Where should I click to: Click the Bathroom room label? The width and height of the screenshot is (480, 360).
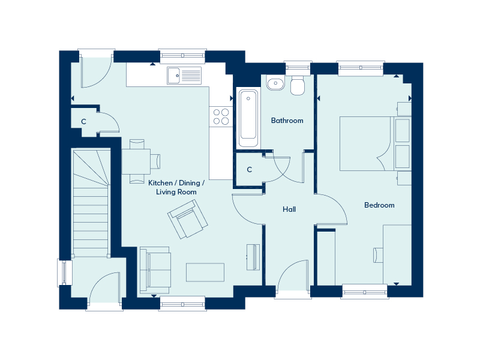pos(287,121)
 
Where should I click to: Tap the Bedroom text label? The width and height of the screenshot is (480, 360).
pos(379,205)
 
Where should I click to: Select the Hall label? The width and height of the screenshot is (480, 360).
pos(289,209)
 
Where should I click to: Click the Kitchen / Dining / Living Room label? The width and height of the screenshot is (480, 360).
pos(176,187)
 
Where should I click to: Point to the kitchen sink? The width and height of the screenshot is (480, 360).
pos(184,76)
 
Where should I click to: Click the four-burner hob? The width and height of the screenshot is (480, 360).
pos(221,116)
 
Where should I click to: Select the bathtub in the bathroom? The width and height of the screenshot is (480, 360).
pos(248,118)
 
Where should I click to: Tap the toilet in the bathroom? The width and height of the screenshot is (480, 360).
pos(297,85)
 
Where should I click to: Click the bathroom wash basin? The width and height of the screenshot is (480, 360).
pos(275,83)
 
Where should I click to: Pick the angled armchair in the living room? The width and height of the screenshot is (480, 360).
pos(188,219)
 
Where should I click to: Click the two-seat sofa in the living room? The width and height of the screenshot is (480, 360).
pos(155,270)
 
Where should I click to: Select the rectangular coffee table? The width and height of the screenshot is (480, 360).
pos(205,272)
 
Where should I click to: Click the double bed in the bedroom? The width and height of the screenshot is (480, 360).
pos(375,143)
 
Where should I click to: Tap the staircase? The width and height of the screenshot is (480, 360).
pos(91,203)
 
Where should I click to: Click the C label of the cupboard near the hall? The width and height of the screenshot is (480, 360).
pos(250,170)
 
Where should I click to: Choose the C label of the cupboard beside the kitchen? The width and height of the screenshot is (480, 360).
pos(83,122)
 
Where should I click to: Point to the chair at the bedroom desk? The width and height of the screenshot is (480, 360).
pos(378,256)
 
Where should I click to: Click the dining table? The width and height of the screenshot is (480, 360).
pos(136,161)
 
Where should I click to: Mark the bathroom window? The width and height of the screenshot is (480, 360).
pos(298,68)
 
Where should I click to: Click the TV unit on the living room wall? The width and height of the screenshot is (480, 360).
pos(253,257)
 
